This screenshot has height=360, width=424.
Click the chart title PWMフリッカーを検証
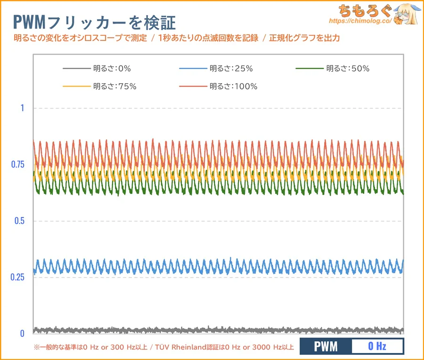(x=94, y=21)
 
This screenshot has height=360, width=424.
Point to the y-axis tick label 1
(x=22, y=108)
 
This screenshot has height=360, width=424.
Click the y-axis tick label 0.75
(x=17, y=164)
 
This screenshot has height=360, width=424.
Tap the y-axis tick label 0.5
(x=19, y=221)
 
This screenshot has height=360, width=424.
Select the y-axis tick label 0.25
(x=17, y=277)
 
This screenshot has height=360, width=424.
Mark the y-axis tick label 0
(x=22, y=334)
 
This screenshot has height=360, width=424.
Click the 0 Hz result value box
(x=377, y=347)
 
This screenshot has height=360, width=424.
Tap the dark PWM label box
(x=326, y=347)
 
